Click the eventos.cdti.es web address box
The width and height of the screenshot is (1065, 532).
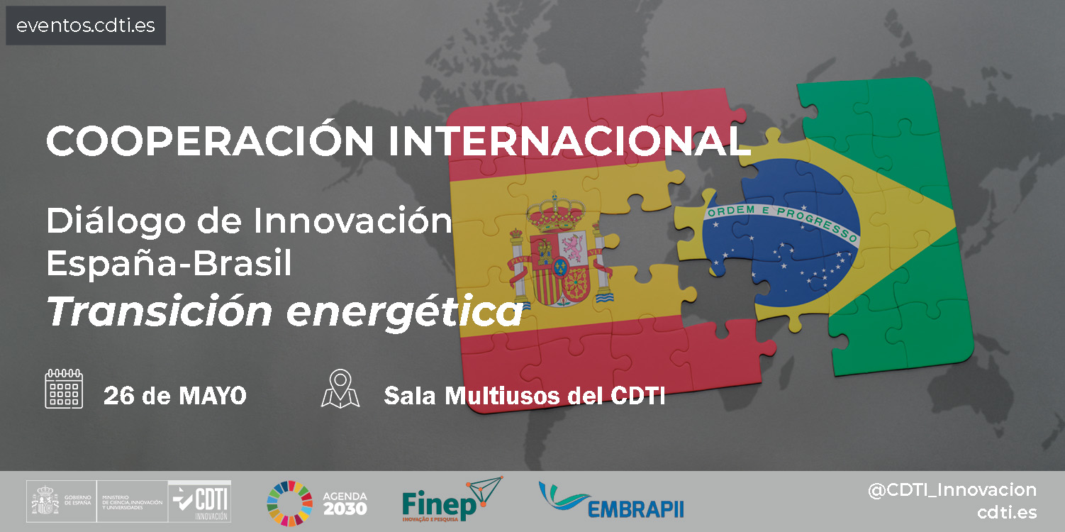point(86,26)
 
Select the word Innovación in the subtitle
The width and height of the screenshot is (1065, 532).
point(352,222)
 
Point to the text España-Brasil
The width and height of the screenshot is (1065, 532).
point(169,264)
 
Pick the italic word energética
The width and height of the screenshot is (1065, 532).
point(403,312)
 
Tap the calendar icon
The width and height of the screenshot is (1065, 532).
point(64,389)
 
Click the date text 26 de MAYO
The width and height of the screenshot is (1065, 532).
point(175,396)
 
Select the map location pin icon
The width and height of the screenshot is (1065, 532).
point(340,389)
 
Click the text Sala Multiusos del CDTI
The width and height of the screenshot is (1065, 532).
point(525,396)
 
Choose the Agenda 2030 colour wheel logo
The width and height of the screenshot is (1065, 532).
point(289,503)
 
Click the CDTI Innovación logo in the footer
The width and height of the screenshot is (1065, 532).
point(201,502)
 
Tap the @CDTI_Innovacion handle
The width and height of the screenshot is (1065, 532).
point(952,489)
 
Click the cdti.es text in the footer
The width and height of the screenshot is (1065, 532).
point(1006,513)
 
